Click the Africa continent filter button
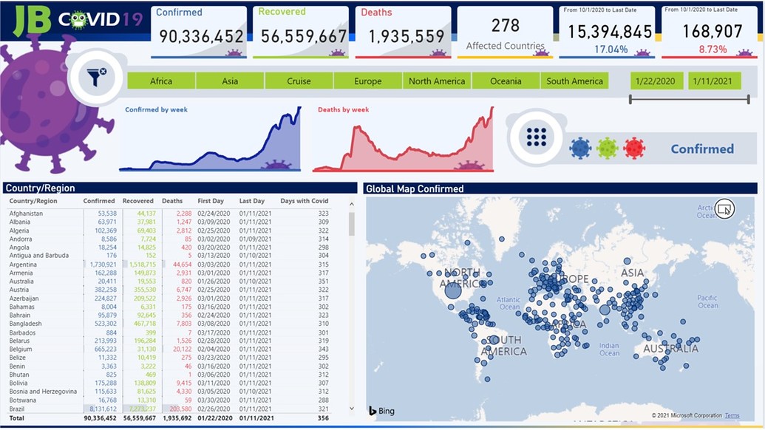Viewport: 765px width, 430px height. click(x=161, y=81)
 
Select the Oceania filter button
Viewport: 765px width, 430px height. click(x=506, y=81)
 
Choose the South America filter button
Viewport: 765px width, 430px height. click(x=574, y=81)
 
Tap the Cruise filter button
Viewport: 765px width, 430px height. click(x=299, y=81)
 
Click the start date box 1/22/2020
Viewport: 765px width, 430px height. click(x=656, y=81)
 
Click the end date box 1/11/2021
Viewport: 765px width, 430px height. click(x=714, y=81)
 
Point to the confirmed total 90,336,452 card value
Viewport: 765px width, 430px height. click(x=201, y=36)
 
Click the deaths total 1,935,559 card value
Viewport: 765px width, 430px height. click(x=406, y=36)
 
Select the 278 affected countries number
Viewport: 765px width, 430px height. click(x=505, y=26)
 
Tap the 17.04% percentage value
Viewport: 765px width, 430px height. click(x=611, y=50)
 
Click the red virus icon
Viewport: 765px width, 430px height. click(x=633, y=149)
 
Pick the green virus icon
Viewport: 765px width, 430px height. click(x=607, y=149)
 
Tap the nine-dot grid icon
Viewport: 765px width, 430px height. click(x=537, y=137)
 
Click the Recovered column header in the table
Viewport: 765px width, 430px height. click(x=138, y=201)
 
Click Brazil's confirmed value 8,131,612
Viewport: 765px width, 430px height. click(x=100, y=409)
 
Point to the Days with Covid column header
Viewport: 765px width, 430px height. click(x=305, y=201)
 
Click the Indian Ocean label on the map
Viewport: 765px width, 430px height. click(x=609, y=349)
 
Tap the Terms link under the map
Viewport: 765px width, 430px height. click(x=732, y=416)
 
